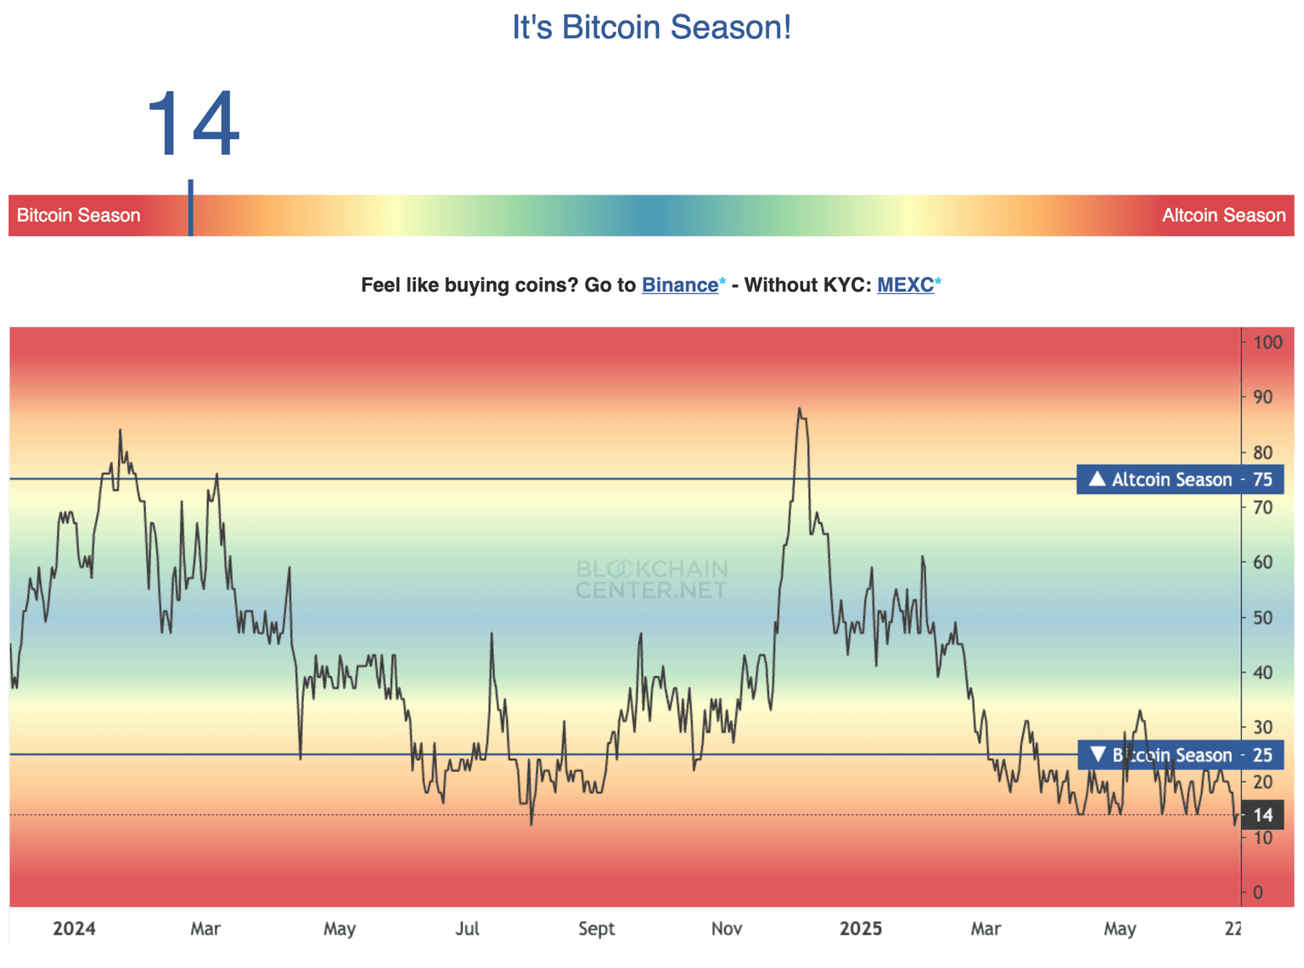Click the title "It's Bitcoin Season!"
(x=651, y=27)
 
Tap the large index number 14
(x=193, y=125)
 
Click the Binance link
(x=679, y=285)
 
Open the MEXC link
(x=905, y=285)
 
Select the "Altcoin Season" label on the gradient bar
(x=1223, y=216)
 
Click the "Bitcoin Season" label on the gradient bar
(x=78, y=216)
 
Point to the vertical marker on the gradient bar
(x=191, y=208)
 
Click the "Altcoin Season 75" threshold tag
(x=1179, y=480)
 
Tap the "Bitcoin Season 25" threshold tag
(x=1179, y=755)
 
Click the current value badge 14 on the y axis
(x=1262, y=815)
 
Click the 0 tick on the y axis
(x=1258, y=892)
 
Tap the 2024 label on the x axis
(x=74, y=929)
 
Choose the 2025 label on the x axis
(x=861, y=929)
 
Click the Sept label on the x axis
(x=596, y=929)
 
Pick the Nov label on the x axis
(x=727, y=929)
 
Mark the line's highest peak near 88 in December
(x=799, y=409)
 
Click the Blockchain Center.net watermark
(x=651, y=579)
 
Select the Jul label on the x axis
(x=467, y=929)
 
